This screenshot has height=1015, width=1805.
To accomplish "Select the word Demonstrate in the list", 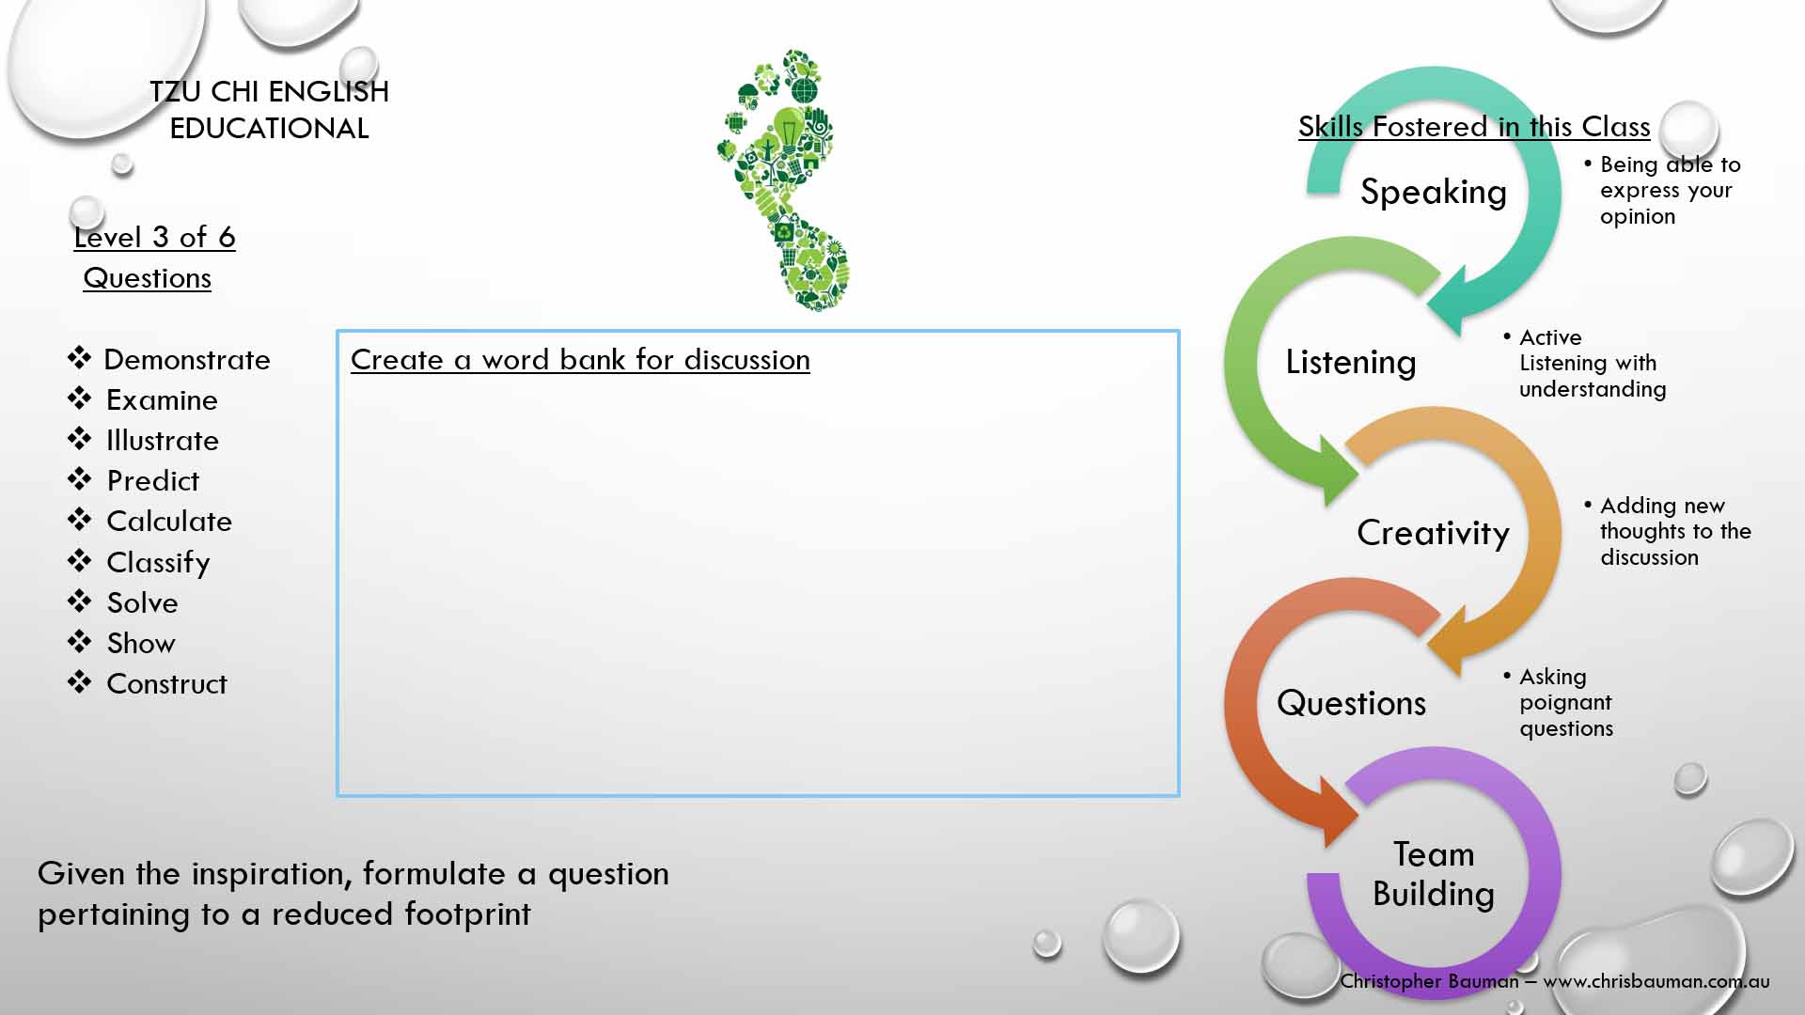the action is click(187, 360).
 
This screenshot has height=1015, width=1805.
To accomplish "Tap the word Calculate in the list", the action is click(169, 522).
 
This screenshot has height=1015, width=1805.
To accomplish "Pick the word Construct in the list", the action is click(166, 684).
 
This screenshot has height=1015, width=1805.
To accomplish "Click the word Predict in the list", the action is click(153, 481).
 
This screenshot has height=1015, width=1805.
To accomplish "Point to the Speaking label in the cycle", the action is click(1434, 193).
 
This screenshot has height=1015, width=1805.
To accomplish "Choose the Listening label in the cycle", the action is click(1351, 363).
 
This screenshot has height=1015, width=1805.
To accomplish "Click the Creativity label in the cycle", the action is click(1433, 533).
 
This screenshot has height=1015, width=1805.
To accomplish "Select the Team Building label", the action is click(1434, 874).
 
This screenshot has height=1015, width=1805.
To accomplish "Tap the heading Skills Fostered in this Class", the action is click(1474, 127).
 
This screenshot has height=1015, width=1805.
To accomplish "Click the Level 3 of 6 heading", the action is click(154, 238).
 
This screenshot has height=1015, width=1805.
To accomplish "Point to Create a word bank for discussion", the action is click(580, 360).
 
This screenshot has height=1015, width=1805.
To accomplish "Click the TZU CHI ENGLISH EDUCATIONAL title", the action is click(269, 110).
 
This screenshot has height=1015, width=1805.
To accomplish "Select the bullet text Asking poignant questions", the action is click(1565, 703).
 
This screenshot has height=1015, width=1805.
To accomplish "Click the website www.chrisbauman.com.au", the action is click(1656, 981).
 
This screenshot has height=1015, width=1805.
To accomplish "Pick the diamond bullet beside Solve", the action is click(80, 601).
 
